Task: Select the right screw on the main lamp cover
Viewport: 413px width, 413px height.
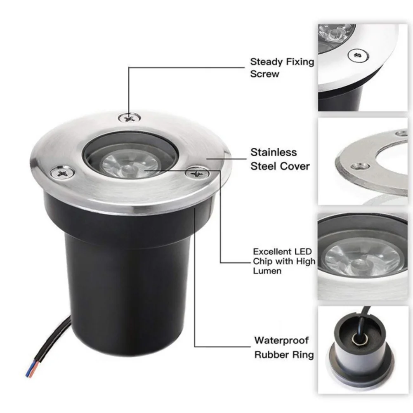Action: coord(197,173)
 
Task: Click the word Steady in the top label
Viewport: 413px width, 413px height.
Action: coord(266,62)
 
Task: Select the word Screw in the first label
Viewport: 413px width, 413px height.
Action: coord(264,74)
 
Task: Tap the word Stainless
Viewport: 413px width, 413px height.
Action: coord(274,152)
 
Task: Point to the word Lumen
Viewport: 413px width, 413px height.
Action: coord(267,271)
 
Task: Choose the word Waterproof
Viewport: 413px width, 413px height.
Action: coord(281,340)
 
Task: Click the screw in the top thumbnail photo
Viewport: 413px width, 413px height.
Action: coord(358,55)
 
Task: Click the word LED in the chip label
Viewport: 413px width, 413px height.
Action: coord(303,252)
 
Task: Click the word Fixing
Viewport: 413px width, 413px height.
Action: coord(300,62)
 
